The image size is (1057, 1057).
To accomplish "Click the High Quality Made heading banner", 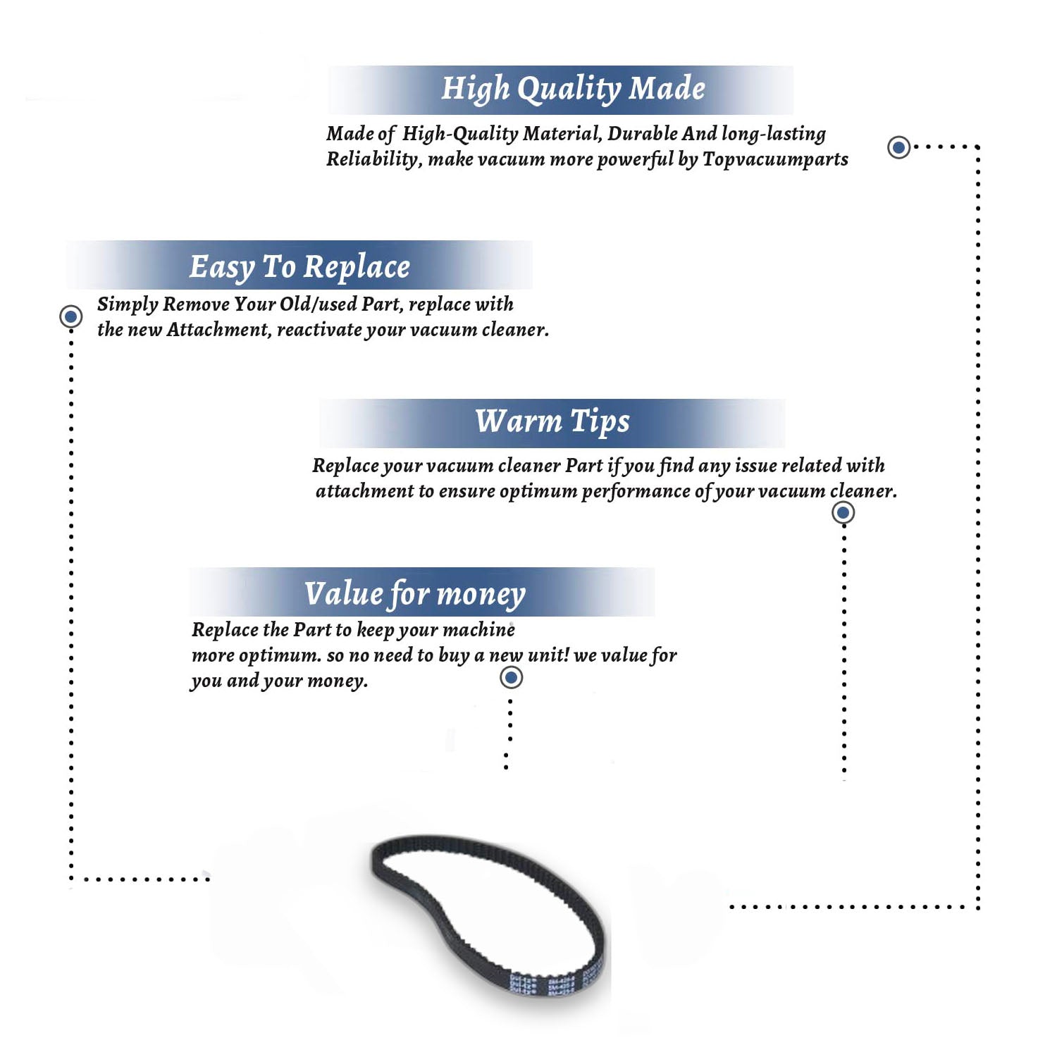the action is pyautogui.click(x=561, y=89).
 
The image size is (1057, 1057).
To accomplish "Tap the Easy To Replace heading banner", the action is pyautogui.click(x=299, y=265).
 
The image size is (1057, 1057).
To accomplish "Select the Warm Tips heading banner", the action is pyautogui.click(x=552, y=423).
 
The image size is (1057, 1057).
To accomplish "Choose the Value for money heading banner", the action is pyautogui.click(x=422, y=592).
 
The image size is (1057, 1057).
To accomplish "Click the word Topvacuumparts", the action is pyautogui.click(x=775, y=160).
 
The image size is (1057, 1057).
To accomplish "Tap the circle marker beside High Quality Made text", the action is pyautogui.click(x=898, y=147).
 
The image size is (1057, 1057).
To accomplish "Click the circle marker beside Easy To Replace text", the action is pyautogui.click(x=70, y=316).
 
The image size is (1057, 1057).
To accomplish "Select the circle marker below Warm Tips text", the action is pyautogui.click(x=843, y=512).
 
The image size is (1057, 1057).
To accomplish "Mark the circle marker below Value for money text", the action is pyautogui.click(x=511, y=678).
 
